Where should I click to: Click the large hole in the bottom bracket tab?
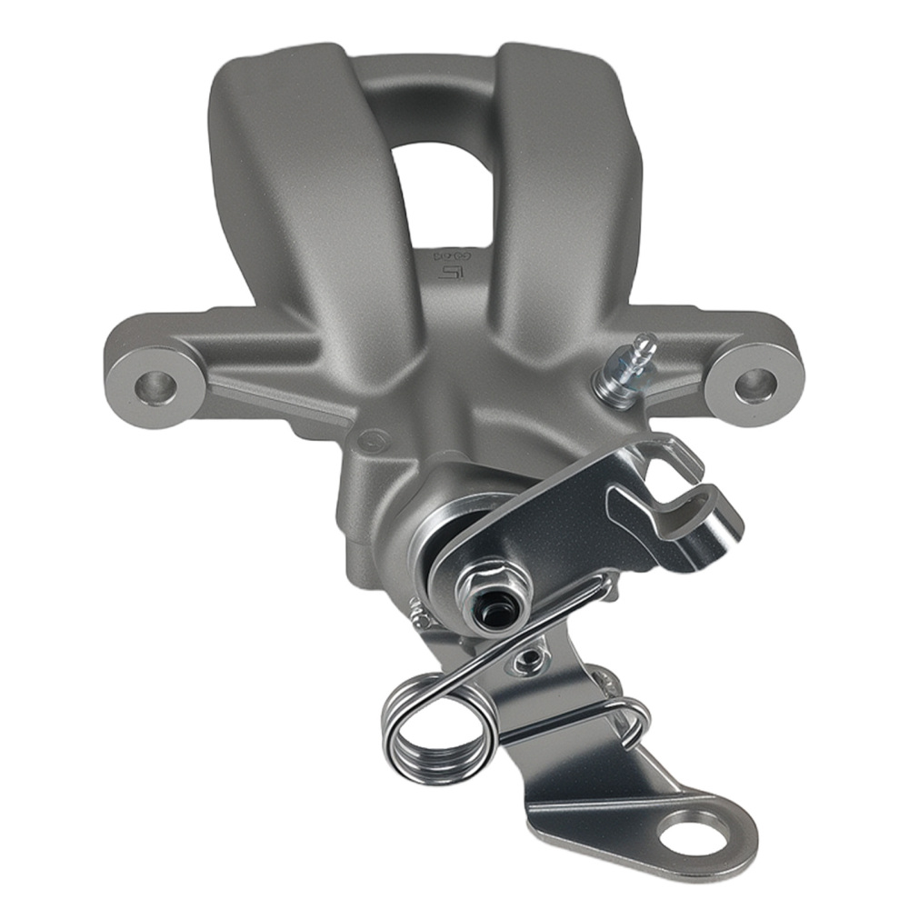pyautogui.click(x=694, y=830)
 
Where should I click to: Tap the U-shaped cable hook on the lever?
pyautogui.click(x=695, y=518)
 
